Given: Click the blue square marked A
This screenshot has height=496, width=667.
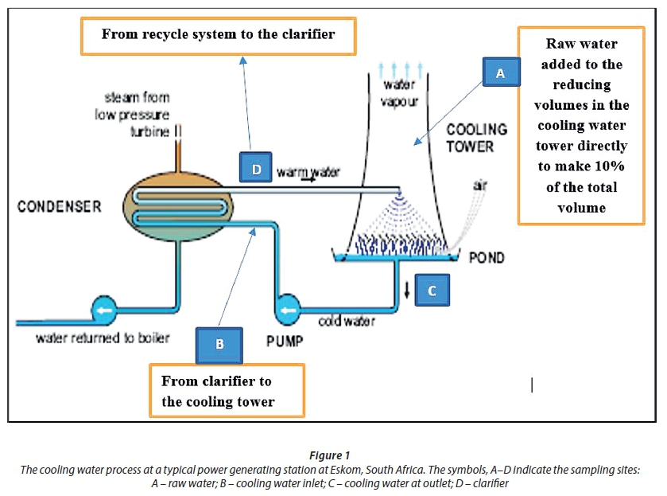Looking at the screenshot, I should [x=500, y=73].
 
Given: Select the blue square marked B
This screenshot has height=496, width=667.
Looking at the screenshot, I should [x=219, y=344].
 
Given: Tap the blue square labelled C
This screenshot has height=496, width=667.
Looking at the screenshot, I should [x=432, y=291].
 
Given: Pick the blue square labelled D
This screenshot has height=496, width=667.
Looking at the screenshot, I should [x=256, y=170].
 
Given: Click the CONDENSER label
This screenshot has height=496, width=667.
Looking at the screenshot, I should [x=60, y=207].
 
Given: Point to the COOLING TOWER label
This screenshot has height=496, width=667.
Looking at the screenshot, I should [x=475, y=138].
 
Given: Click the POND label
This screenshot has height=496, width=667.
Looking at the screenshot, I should [x=487, y=258].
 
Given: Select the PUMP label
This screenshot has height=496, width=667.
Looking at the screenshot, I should [x=285, y=342].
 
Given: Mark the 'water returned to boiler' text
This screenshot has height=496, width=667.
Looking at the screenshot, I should [x=103, y=338].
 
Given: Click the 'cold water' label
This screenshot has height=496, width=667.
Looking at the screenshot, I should [x=347, y=322].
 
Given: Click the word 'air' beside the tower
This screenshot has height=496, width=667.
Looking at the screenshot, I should [x=480, y=186].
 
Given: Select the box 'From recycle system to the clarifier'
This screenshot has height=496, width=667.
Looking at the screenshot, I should [x=217, y=34].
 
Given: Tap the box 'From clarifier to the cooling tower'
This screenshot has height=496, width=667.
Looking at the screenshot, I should [x=227, y=390].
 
